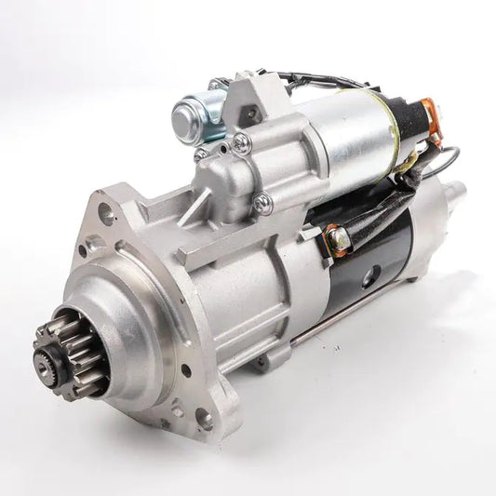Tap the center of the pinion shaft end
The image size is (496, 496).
44,358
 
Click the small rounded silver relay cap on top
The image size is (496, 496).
192,116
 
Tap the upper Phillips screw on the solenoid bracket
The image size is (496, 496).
241,141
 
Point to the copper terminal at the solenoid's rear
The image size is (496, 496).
430,111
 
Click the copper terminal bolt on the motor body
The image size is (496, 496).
337,239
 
